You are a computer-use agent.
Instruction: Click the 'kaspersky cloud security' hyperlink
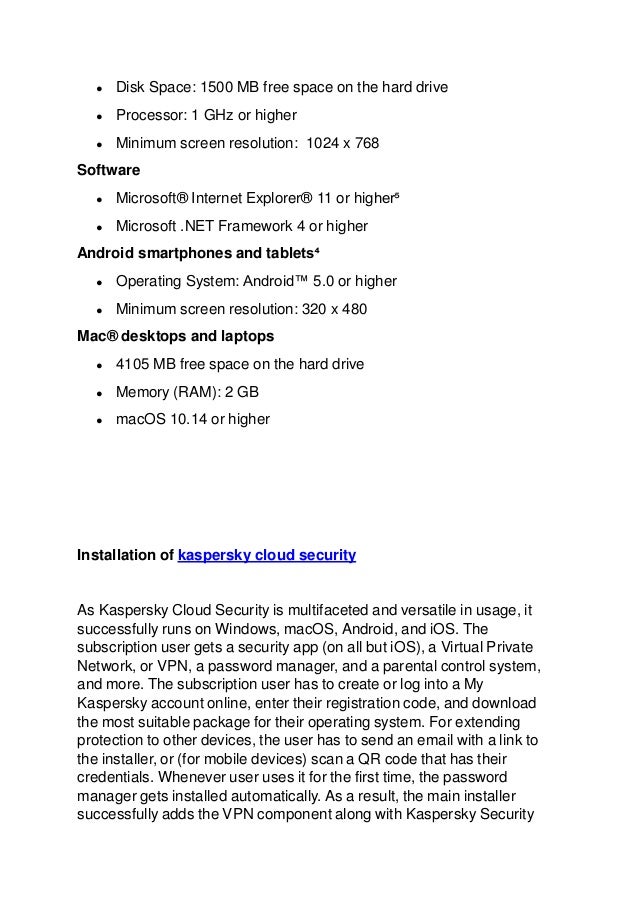(x=266, y=552)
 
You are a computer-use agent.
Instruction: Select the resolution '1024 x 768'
(x=342, y=143)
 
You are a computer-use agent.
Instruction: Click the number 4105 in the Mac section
(x=133, y=362)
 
